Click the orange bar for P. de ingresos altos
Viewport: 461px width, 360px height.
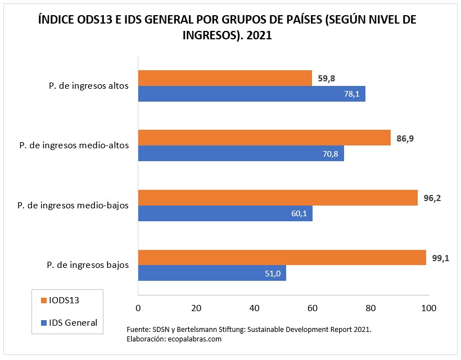(x=225, y=78)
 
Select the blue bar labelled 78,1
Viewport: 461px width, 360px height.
(x=251, y=94)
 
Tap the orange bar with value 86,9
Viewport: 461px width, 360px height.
(x=264, y=138)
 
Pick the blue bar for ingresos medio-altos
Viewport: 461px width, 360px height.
(x=241, y=153)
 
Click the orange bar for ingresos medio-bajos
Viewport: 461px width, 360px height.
(x=278, y=198)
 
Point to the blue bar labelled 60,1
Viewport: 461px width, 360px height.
(x=225, y=213)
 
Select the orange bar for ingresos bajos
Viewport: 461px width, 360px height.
(x=282, y=257)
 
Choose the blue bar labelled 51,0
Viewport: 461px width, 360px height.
(x=212, y=273)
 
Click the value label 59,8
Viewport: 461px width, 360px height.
(x=327, y=79)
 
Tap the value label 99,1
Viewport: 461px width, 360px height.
(x=441, y=258)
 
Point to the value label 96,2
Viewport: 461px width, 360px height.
(x=433, y=198)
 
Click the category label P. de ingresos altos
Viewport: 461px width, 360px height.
(x=88, y=86)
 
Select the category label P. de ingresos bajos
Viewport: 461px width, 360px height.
(x=88, y=265)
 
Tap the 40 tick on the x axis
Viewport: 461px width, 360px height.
(x=254, y=308)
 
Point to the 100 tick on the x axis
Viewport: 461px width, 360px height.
(x=429, y=308)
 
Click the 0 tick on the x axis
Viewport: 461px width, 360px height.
(x=138, y=308)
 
